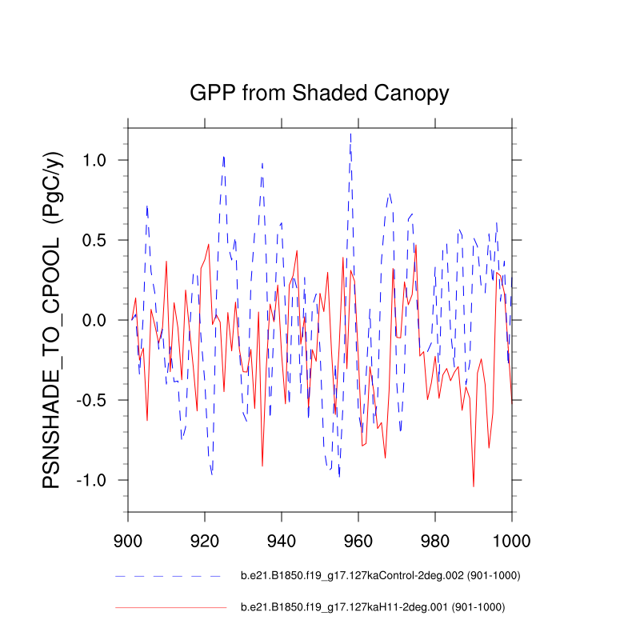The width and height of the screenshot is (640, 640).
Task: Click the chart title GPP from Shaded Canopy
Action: [x=319, y=93]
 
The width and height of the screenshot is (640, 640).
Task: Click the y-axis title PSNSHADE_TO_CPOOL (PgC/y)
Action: [x=52, y=319]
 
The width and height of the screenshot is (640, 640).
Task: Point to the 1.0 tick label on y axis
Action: [x=101, y=160]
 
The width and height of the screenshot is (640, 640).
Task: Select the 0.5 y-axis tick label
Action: [x=101, y=240]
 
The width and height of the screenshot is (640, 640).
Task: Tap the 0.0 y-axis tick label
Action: [x=101, y=320]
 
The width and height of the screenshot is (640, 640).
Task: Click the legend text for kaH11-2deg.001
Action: [x=373, y=608]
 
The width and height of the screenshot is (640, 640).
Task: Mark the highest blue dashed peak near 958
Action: [x=350, y=134]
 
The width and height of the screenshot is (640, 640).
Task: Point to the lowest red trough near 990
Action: [x=474, y=486]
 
